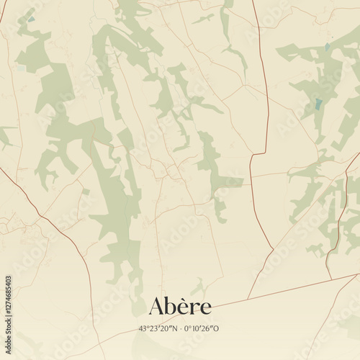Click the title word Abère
[x=180, y=306]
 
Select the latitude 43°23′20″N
[x=158, y=328]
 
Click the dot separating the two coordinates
[x=179, y=328]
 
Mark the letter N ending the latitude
[x=174, y=328]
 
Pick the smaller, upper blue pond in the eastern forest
[x=328, y=48]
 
